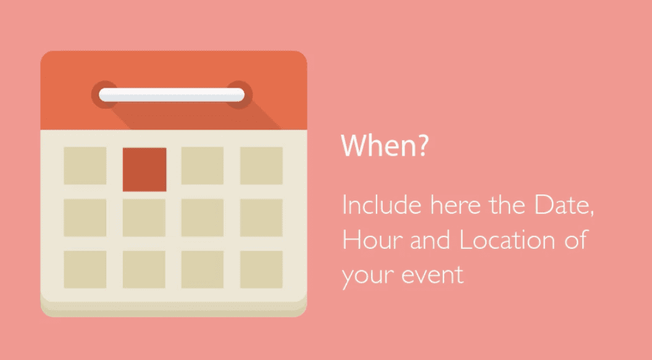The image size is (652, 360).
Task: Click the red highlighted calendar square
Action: point(144,169)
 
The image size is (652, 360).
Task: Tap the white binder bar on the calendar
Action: point(172,94)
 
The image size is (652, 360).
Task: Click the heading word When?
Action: point(385,145)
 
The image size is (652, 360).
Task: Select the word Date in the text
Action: point(564,205)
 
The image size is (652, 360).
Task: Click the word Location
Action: point(507,240)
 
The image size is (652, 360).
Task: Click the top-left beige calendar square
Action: point(85,165)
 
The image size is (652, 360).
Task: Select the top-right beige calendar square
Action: point(261,165)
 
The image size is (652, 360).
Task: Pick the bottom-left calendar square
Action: point(85,269)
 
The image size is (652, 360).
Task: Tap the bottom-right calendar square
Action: point(261,269)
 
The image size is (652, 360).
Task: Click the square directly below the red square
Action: point(144,217)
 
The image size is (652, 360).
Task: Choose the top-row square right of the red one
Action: point(203,165)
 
